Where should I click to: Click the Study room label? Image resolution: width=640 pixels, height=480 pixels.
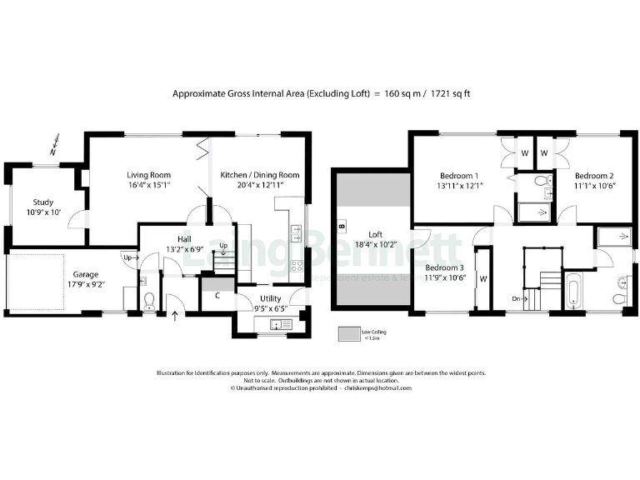tap(43, 202)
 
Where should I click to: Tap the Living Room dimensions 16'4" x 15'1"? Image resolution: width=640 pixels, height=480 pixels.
tap(149, 187)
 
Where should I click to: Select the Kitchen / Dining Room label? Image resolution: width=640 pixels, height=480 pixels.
tap(259, 175)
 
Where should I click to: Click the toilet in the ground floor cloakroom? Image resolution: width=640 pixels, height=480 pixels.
tap(149, 301)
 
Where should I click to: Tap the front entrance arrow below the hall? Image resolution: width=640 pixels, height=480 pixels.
tap(174, 316)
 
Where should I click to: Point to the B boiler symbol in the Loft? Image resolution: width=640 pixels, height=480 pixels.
tap(342, 226)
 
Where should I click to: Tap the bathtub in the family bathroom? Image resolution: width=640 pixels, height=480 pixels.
tap(576, 292)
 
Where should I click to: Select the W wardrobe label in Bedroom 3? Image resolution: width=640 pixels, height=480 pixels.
tap(482, 279)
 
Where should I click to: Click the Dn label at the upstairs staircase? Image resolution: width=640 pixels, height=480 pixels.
tap(517, 297)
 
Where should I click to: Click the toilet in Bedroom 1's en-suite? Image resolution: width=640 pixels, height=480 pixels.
tap(540, 181)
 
